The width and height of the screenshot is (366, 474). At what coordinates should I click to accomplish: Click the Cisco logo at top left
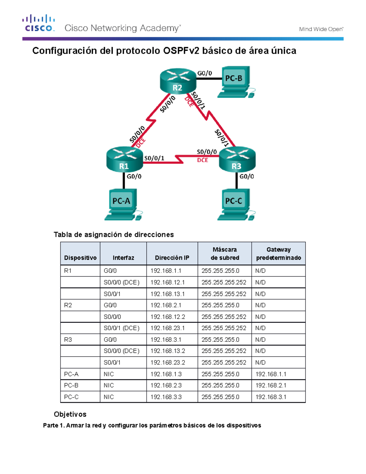click(39, 23)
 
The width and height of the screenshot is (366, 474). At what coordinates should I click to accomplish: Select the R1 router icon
click(124, 159)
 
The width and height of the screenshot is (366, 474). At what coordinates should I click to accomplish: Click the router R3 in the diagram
click(237, 159)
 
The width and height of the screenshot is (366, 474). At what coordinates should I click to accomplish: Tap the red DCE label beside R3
click(203, 160)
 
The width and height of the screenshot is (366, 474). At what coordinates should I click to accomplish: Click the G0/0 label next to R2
click(205, 73)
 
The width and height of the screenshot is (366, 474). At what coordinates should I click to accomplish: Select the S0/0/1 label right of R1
click(154, 158)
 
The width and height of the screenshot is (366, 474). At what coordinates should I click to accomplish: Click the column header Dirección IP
click(172, 258)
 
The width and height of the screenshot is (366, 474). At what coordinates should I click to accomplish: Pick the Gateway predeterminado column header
click(278, 254)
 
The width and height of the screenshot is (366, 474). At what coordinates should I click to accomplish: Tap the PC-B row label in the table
click(71, 385)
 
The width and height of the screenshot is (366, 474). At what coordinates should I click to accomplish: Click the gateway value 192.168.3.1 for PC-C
click(271, 397)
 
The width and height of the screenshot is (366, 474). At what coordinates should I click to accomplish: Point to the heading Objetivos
click(70, 414)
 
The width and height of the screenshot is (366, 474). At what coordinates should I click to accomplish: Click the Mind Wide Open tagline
click(321, 29)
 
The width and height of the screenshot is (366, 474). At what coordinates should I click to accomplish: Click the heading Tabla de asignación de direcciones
click(114, 234)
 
